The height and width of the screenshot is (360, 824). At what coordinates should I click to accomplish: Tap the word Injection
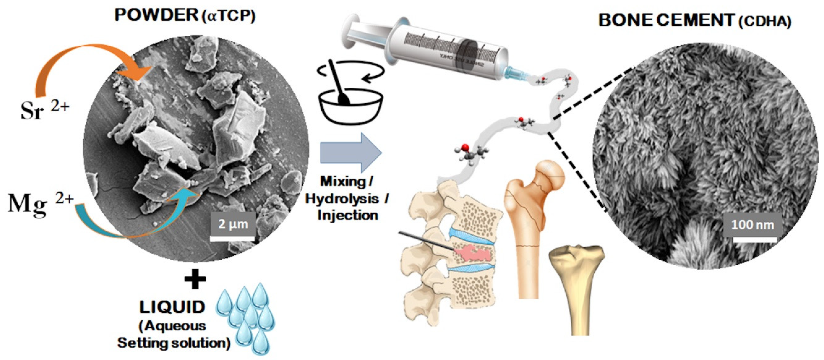tap(348, 215)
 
